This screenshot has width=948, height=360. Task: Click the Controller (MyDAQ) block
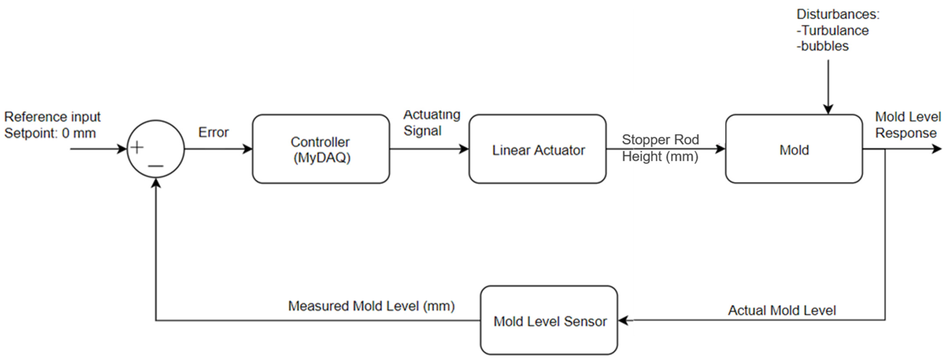click(x=321, y=149)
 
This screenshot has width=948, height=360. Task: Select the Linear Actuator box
click(x=537, y=149)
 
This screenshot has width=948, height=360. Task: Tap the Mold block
click(x=794, y=149)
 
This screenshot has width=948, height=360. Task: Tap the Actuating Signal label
click(x=431, y=123)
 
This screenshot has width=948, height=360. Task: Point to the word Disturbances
click(x=837, y=14)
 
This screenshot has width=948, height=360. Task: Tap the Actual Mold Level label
click(x=782, y=310)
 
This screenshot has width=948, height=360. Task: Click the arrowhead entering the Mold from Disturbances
click(x=828, y=109)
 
